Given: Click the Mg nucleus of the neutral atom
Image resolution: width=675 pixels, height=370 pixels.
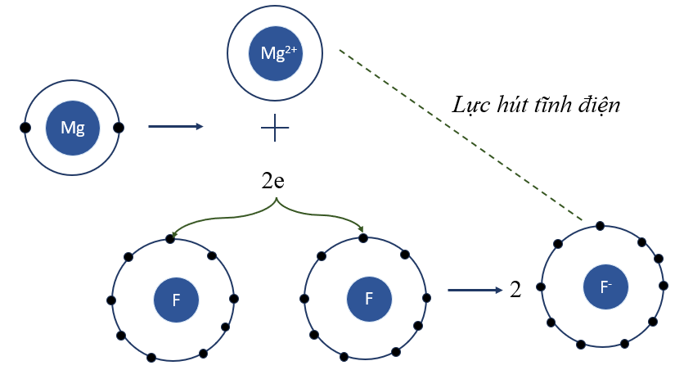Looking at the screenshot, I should pyautogui.click(x=73, y=128).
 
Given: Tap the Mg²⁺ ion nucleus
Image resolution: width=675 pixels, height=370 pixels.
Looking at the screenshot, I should pyautogui.click(x=275, y=53).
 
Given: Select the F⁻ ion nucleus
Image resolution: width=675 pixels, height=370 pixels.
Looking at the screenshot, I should pyautogui.click(x=606, y=287).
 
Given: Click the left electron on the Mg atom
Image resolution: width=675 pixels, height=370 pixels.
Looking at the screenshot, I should pyautogui.click(x=26, y=128).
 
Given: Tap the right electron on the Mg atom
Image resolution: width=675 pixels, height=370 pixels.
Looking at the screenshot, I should pyautogui.click(x=119, y=128).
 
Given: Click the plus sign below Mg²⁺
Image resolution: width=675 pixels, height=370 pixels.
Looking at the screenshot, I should pyautogui.click(x=275, y=128).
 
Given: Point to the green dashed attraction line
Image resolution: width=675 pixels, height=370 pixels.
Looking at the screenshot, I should pyautogui.click(x=458, y=136).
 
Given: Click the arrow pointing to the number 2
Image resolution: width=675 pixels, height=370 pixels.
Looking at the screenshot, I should pyautogui.click(x=474, y=290).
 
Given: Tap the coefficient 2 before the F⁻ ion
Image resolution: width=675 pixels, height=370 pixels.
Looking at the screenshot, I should pyautogui.click(x=515, y=290).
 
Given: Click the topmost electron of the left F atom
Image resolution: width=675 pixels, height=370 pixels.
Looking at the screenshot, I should pyautogui.click(x=170, y=239).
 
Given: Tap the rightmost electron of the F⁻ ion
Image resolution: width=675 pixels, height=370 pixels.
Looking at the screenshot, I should pyautogui.click(x=664, y=287).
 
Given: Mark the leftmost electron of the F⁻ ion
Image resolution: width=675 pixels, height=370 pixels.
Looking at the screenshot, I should pyautogui.click(x=541, y=287).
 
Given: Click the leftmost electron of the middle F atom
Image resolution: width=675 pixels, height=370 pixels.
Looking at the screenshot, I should pyautogui.click(x=305, y=299).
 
